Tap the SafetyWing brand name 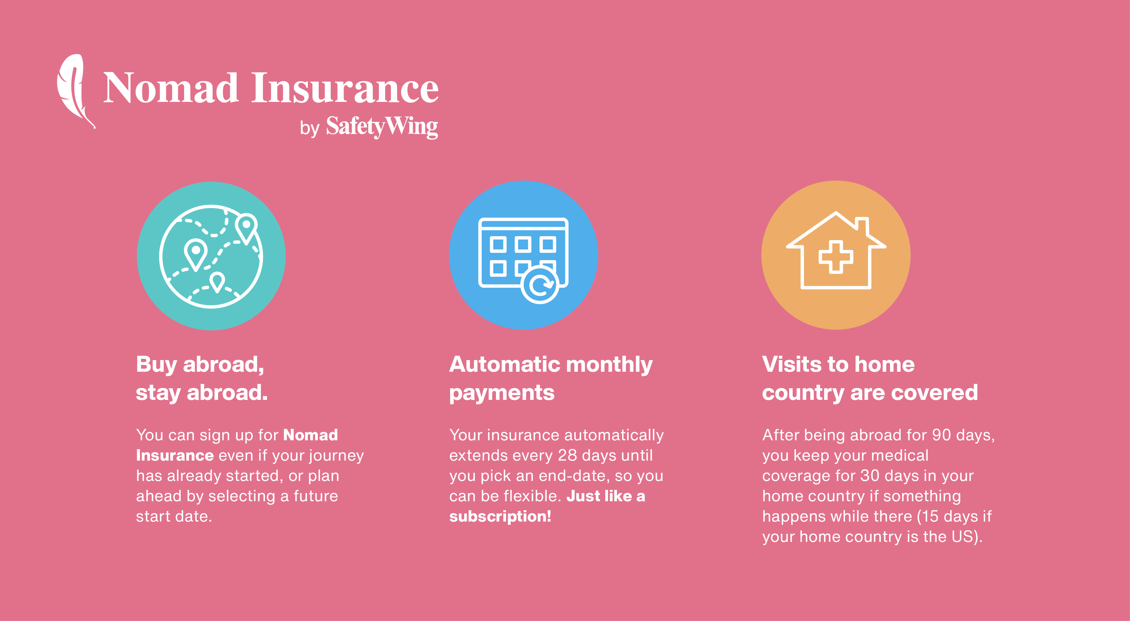pyautogui.click(x=382, y=127)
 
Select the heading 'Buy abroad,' pyautogui.click(x=200, y=365)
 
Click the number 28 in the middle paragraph pyautogui.click(x=567, y=455)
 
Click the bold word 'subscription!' pyautogui.click(x=500, y=517)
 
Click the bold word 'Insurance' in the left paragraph pyautogui.click(x=175, y=455)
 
